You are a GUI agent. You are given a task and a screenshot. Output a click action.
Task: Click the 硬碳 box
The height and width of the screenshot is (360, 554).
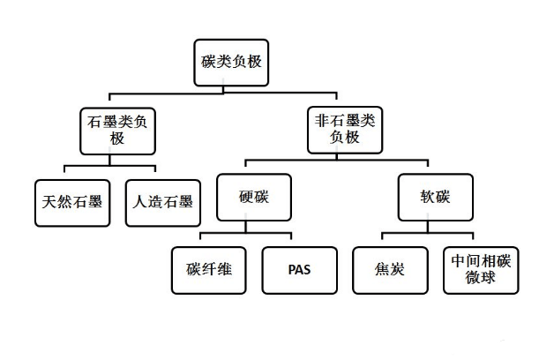coord(253,198)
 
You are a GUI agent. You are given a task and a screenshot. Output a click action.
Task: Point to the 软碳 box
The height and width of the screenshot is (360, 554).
coord(435,198)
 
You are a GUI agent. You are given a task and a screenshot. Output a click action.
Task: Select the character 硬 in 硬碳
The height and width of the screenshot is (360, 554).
coord(246,198)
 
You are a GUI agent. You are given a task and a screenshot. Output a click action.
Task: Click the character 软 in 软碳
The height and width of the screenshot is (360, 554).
coord(428,198)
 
